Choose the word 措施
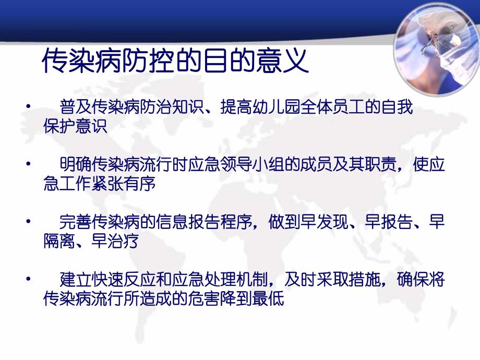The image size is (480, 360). [x=358, y=281]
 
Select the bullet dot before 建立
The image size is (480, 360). [x=28, y=281]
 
